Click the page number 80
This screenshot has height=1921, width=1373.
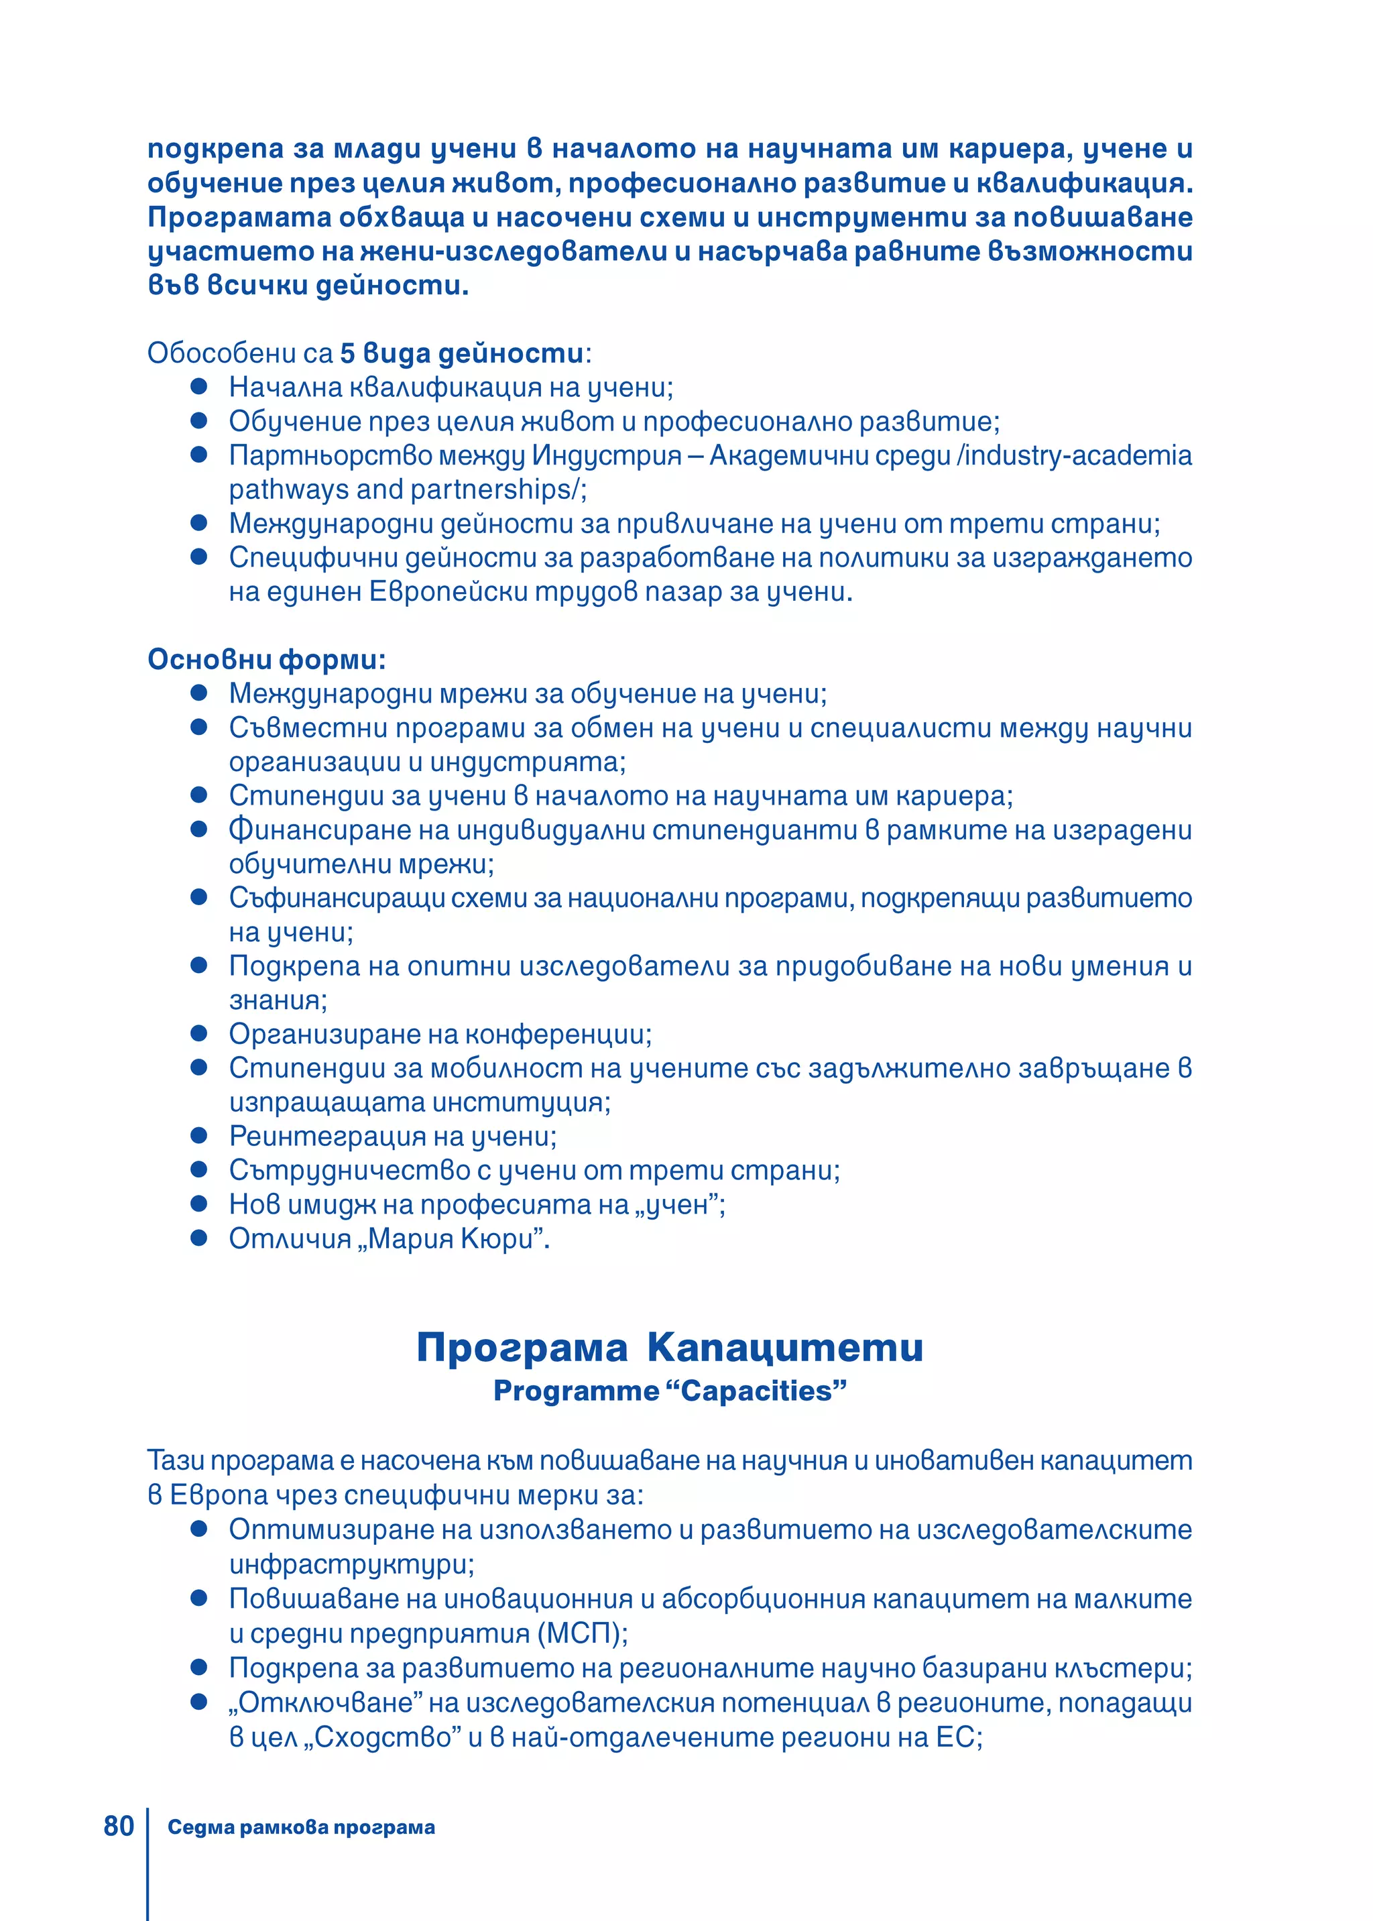(x=119, y=1826)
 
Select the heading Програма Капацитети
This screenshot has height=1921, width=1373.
(x=670, y=1347)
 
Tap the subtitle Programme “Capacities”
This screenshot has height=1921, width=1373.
(x=670, y=1391)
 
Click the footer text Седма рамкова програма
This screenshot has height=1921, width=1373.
(x=301, y=1827)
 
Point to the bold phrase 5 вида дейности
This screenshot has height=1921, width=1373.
(x=462, y=353)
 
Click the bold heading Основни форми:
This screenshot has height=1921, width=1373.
(x=266, y=660)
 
